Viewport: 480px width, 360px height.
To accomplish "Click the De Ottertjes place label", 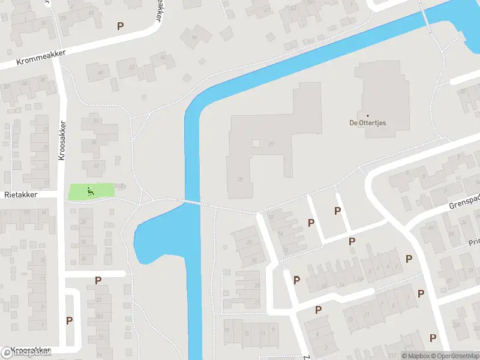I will click(367, 123).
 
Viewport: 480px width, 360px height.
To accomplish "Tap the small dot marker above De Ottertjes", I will click(367, 115).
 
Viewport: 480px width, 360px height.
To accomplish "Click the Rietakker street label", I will click(21, 195).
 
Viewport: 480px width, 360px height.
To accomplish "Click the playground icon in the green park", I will click(91, 191).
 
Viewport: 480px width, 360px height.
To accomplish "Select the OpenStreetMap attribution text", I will click(455, 356).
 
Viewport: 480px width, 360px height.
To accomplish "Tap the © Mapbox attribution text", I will click(416, 356).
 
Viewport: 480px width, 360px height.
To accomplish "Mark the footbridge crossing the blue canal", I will click(192, 203).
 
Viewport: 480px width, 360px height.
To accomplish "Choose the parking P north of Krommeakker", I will click(121, 26).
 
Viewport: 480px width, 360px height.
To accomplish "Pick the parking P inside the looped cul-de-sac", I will click(70, 320).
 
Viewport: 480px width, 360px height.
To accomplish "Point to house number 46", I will click(193, 38).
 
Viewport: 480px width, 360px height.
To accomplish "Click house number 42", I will click(131, 67).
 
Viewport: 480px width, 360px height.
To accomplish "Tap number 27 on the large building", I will click(271, 144).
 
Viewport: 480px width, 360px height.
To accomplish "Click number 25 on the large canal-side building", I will click(241, 179).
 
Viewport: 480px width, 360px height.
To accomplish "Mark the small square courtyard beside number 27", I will click(256, 143).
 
